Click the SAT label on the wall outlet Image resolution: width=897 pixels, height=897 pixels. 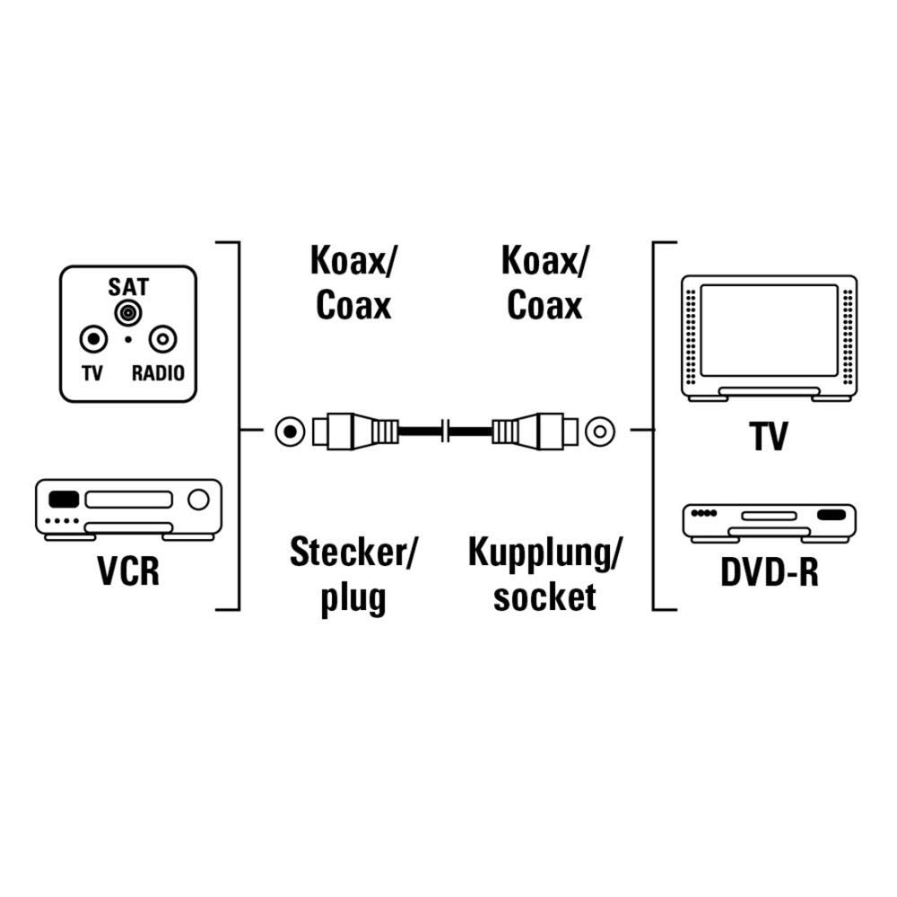(x=128, y=288)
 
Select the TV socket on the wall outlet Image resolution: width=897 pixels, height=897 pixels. (x=92, y=340)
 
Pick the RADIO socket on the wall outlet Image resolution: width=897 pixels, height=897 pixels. (x=163, y=340)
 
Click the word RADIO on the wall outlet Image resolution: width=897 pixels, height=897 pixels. (x=158, y=373)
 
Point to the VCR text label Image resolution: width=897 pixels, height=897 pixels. (x=127, y=571)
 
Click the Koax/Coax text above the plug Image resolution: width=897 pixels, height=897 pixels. (x=353, y=283)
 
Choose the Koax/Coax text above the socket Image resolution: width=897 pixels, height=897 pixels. (x=544, y=283)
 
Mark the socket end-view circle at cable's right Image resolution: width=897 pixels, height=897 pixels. (x=600, y=431)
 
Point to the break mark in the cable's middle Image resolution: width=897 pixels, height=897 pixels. (x=446, y=431)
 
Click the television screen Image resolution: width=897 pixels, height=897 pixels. (x=769, y=330)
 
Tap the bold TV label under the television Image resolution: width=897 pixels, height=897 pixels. (x=769, y=438)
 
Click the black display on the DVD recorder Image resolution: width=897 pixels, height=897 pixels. (x=832, y=516)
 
